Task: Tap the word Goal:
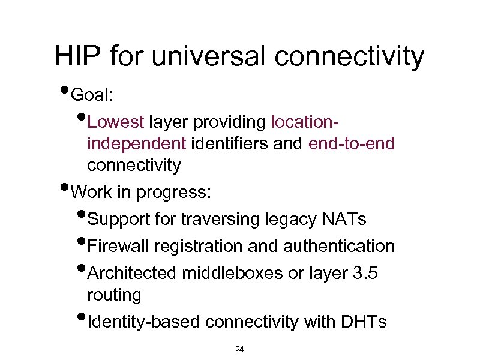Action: pyautogui.click(x=91, y=95)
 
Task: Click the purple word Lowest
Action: pyautogui.click(x=116, y=122)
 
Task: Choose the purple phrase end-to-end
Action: pyautogui.click(x=352, y=144)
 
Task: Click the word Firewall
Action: pyautogui.click(x=118, y=246)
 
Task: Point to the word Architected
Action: pyautogui.click(x=131, y=273)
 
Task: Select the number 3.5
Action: pyautogui.click(x=365, y=273)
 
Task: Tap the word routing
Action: pyautogui.click(x=114, y=295)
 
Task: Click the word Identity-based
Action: pyautogui.click(x=144, y=322)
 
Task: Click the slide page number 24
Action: pyautogui.click(x=239, y=349)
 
